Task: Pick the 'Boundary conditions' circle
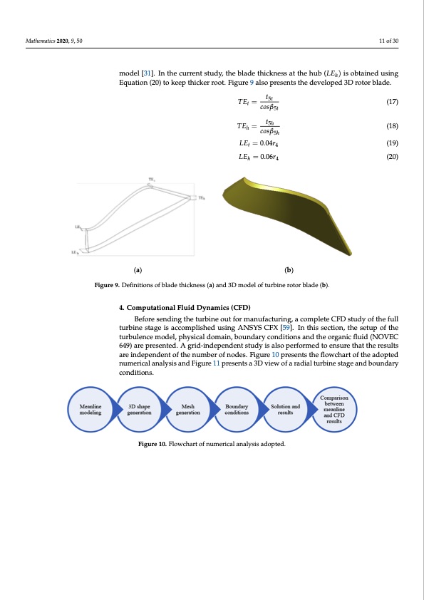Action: (x=237, y=410)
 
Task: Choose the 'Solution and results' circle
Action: (x=285, y=410)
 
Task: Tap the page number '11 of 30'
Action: (x=389, y=41)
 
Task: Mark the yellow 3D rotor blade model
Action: (x=285, y=214)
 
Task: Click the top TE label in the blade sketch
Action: (x=151, y=179)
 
